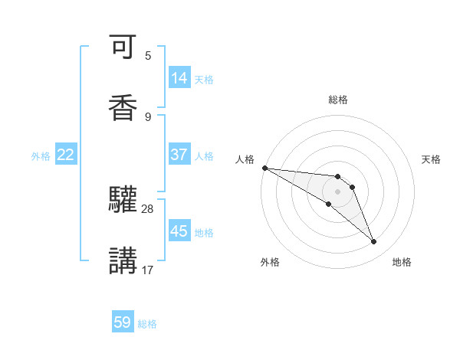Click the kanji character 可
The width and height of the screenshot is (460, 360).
pos(123,49)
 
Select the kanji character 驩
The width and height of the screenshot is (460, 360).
pos(123,200)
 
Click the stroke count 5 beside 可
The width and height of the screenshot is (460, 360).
pos(148,56)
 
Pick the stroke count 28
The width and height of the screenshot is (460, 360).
pos(148,208)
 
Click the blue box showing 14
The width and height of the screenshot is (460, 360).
pos(179,78)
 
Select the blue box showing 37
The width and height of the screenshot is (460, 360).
pos(179,155)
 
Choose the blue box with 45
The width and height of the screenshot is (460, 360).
pos(179,231)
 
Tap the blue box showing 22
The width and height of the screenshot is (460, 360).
pos(66,155)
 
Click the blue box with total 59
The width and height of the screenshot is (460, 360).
pos(123,322)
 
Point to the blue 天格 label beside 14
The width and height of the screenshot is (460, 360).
pos(204,80)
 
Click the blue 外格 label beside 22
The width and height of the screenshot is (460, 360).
pos(41,156)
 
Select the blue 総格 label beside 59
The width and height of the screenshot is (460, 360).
pos(147,324)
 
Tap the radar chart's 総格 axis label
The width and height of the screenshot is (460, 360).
pos(338,100)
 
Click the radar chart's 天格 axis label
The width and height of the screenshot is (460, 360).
pos(432,159)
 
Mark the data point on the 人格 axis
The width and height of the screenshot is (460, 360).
pos(264,168)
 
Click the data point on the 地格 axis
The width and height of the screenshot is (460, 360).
pos(374,242)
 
